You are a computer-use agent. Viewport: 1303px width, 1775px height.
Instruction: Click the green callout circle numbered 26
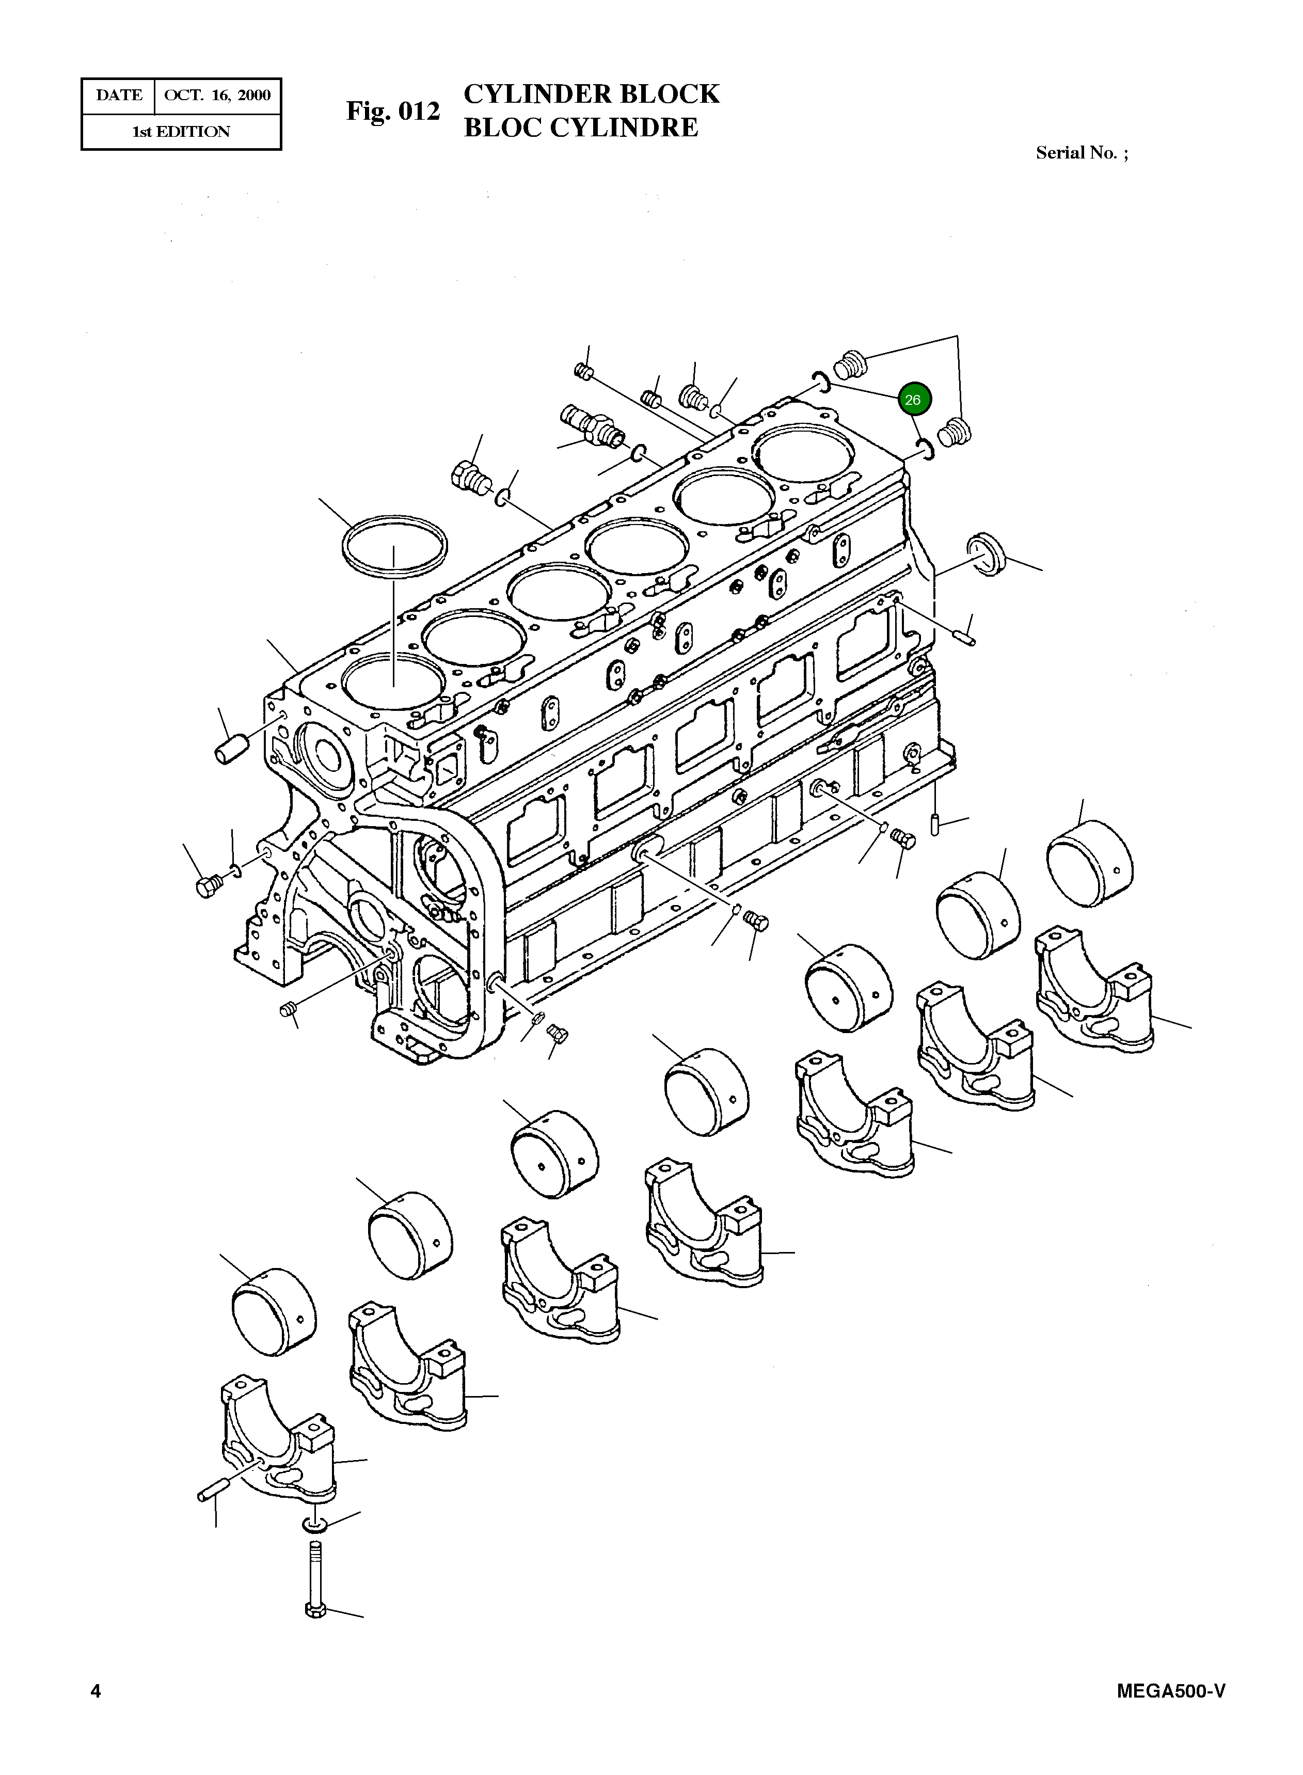tap(913, 400)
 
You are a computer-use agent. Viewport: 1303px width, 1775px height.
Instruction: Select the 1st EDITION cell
tap(181, 132)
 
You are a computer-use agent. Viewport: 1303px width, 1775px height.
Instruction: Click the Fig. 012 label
tap(393, 111)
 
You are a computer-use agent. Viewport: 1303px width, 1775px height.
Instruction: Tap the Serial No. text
tap(1080, 153)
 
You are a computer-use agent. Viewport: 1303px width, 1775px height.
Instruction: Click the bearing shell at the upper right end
tap(1089, 863)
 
